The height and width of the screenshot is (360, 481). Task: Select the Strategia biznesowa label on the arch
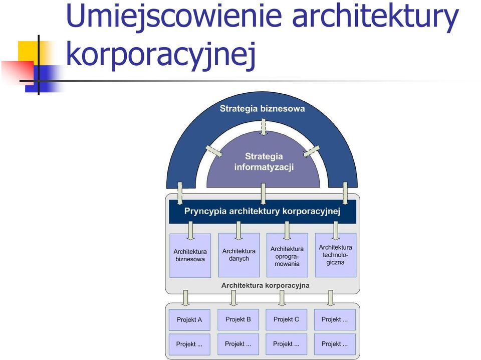(262, 109)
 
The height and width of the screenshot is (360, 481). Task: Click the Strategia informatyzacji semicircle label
(264, 162)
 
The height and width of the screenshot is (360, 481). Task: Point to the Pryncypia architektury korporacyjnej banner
(263, 212)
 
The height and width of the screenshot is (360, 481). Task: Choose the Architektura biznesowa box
(190, 256)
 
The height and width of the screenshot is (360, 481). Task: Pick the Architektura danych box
(239, 255)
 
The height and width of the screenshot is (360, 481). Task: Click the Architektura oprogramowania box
(287, 255)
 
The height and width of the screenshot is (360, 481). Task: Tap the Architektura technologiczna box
(336, 255)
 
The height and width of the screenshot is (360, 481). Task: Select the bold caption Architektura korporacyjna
(266, 286)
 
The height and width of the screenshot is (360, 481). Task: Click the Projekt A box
(189, 320)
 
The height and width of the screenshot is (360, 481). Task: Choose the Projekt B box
(238, 319)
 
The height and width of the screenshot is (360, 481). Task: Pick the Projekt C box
(286, 319)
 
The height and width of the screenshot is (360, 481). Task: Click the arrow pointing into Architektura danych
(238, 231)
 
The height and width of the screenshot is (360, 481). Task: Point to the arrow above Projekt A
(185, 298)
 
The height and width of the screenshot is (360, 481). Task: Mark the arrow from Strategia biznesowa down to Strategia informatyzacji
(263, 127)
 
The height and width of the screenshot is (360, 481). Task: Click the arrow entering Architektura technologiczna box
(336, 231)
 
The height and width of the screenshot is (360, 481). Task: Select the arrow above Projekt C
(282, 298)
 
